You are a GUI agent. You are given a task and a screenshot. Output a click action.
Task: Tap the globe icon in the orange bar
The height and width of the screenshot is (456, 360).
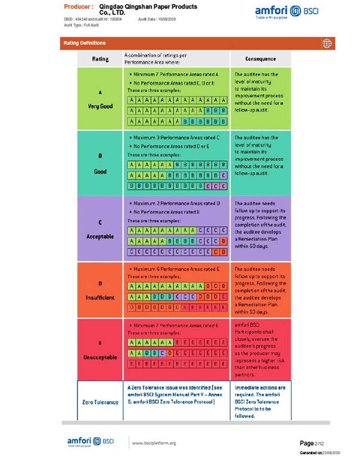pos(327,43)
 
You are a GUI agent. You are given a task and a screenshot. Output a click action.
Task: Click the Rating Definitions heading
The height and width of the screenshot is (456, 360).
pos(85,43)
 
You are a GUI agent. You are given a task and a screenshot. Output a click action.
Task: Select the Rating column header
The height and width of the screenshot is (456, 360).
pos(100,59)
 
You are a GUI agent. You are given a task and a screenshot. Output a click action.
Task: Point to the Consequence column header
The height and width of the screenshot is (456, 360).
pos(261,59)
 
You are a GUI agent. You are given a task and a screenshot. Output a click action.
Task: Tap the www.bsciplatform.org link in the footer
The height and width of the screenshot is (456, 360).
pos(154,443)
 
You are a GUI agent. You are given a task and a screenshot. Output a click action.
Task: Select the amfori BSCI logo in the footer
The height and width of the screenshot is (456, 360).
pos(88,442)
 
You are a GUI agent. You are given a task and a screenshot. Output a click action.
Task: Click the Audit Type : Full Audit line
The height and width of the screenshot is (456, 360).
pos(83,25)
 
